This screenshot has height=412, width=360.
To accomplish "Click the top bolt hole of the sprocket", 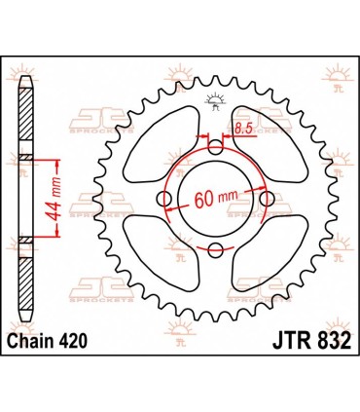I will click(x=215, y=148).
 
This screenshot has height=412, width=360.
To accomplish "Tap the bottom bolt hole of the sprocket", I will click(x=215, y=250).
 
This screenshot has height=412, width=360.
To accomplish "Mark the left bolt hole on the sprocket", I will click(x=164, y=200).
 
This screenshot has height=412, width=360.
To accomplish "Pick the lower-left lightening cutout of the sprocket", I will click(x=158, y=254).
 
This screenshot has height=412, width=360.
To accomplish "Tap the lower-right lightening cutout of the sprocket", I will click(x=271, y=254).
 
